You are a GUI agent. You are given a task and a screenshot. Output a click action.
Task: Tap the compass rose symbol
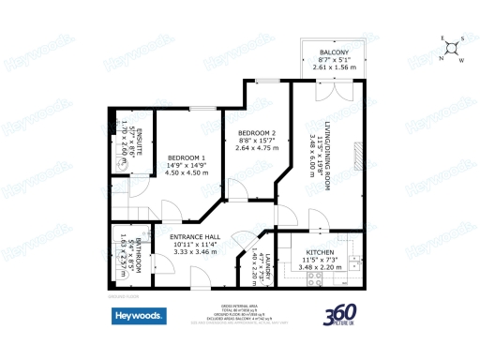coord(451,47)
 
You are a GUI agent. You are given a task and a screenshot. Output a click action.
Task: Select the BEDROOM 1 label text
coord(186,157)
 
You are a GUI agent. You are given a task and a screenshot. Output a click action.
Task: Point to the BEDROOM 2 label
coord(255,133)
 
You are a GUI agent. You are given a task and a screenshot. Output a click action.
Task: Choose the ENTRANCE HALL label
coord(194,237)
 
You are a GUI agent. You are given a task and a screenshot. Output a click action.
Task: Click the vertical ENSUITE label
coord(135,137)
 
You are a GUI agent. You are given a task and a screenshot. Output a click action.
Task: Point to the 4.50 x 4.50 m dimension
coord(186,172)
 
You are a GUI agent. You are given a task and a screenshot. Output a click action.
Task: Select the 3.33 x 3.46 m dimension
coord(194,253)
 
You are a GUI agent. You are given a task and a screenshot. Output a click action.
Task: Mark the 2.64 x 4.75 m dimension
coord(255,148)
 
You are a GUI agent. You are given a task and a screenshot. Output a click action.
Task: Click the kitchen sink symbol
coord(352,260)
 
